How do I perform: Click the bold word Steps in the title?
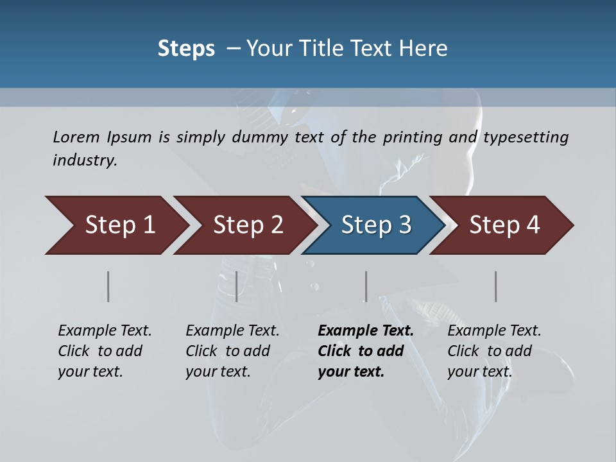click(186, 49)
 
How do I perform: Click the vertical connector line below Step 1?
click(108, 286)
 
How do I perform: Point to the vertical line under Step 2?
click(237, 286)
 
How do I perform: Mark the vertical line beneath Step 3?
click(366, 286)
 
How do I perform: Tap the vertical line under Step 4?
click(496, 286)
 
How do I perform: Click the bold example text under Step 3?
click(365, 351)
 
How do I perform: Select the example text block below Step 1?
click(105, 351)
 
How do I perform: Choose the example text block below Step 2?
click(232, 351)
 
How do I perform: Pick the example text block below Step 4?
click(493, 351)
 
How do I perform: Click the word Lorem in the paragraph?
click(76, 137)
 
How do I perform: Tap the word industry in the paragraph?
click(85, 160)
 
